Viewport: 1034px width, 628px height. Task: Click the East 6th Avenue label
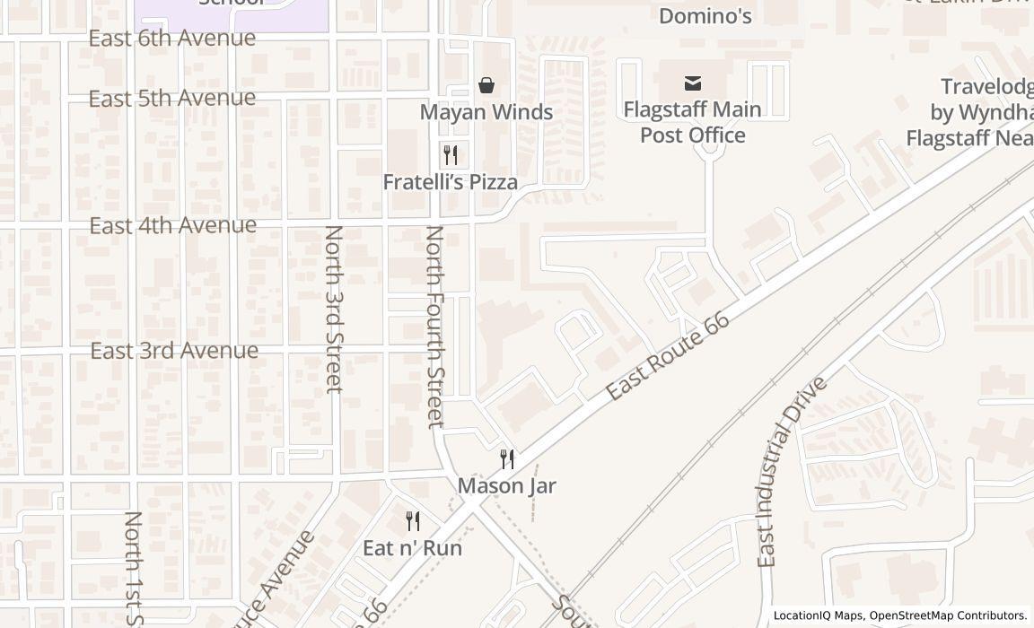pos(171,38)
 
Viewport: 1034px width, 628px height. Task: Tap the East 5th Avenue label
pos(171,98)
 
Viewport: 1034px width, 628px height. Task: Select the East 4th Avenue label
pos(172,224)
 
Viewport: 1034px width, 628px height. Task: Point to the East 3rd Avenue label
pos(174,351)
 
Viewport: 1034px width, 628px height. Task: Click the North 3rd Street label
pos(333,309)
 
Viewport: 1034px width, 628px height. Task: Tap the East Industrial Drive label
pos(791,472)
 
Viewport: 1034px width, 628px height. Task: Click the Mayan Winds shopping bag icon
pos(486,85)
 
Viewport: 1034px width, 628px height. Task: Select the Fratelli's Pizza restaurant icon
pos(451,154)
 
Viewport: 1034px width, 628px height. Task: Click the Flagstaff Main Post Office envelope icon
pos(692,83)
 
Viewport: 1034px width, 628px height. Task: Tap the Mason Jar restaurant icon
pos(507,459)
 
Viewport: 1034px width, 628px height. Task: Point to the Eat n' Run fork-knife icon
pos(413,521)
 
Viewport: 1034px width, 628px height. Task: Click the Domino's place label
pos(705,16)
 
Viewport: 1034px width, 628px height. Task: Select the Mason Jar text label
pos(507,486)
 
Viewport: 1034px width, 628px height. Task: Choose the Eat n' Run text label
pos(412,547)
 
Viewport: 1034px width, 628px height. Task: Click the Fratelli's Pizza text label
pos(450,182)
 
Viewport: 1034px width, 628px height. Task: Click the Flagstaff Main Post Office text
pos(692,122)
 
